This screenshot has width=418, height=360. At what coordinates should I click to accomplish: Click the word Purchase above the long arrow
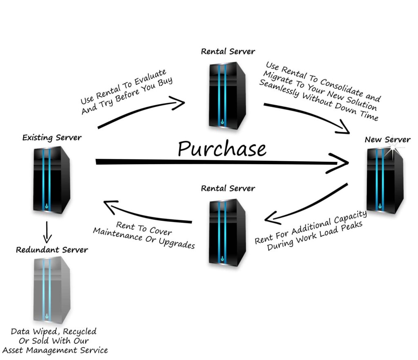click(222, 149)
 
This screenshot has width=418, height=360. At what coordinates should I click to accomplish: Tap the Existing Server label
click(52, 138)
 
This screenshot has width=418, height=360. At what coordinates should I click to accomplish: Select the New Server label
click(387, 140)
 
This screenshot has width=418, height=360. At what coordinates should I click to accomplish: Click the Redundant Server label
click(52, 249)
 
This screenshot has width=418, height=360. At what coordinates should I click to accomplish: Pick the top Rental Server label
click(228, 51)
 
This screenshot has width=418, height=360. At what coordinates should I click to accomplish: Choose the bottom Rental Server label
click(228, 188)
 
